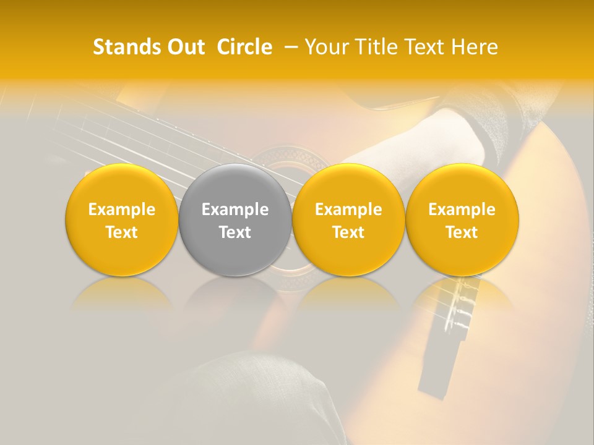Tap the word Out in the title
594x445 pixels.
[185, 47]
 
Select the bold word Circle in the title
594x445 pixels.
[244, 47]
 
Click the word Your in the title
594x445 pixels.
[325, 47]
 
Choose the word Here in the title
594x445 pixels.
[474, 47]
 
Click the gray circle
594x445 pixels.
[235, 220]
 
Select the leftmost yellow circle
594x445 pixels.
[122, 220]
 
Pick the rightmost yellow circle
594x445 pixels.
[462, 220]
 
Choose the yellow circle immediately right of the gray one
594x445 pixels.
[348, 220]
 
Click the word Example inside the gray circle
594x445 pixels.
[235, 210]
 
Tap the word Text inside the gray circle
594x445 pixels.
[235, 232]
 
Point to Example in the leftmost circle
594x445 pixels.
[122, 210]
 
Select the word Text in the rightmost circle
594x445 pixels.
[462, 232]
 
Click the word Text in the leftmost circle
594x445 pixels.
[122, 232]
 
